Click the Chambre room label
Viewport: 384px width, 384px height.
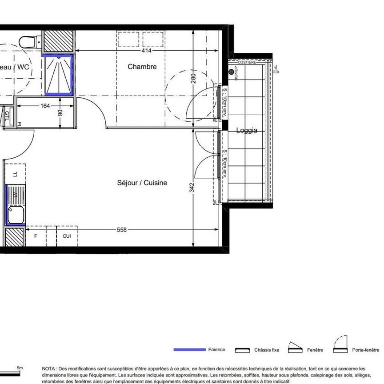(142, 67)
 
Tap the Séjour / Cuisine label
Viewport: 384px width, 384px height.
(142, 183)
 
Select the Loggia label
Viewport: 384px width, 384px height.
(247, 131)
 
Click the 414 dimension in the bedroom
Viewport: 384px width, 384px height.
(146, 51)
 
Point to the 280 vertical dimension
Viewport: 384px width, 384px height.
(193, 78)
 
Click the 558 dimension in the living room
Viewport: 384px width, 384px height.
(121, 230)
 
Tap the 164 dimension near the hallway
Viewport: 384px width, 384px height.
(45, 106)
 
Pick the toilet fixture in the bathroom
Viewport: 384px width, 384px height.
(28, 42)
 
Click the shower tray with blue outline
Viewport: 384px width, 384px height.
(59, 75)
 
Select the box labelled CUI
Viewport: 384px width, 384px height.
(67, 236)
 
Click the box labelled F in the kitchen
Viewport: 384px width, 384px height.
(36, 236)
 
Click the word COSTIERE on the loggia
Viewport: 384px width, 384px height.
(247, 63)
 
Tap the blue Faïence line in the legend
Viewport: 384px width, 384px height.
(189, 350)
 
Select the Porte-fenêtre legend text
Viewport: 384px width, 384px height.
(366, 350)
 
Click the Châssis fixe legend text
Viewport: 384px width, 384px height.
(267, 350)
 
